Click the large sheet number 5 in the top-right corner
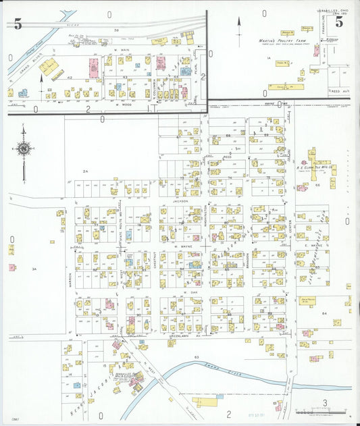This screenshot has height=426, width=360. [x=338, y=22]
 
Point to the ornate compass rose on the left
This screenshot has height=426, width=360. [x=24, y=149]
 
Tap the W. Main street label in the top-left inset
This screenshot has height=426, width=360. [x=122, y=50]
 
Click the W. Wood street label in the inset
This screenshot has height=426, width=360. [x=122, y=105]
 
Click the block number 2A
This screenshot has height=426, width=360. [x=86, y=172]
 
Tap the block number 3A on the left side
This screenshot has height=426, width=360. [x=33, y=269]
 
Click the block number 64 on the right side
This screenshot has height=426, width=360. [x=324, y=313]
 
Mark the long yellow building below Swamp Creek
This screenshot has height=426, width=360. [x=206, y=402]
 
